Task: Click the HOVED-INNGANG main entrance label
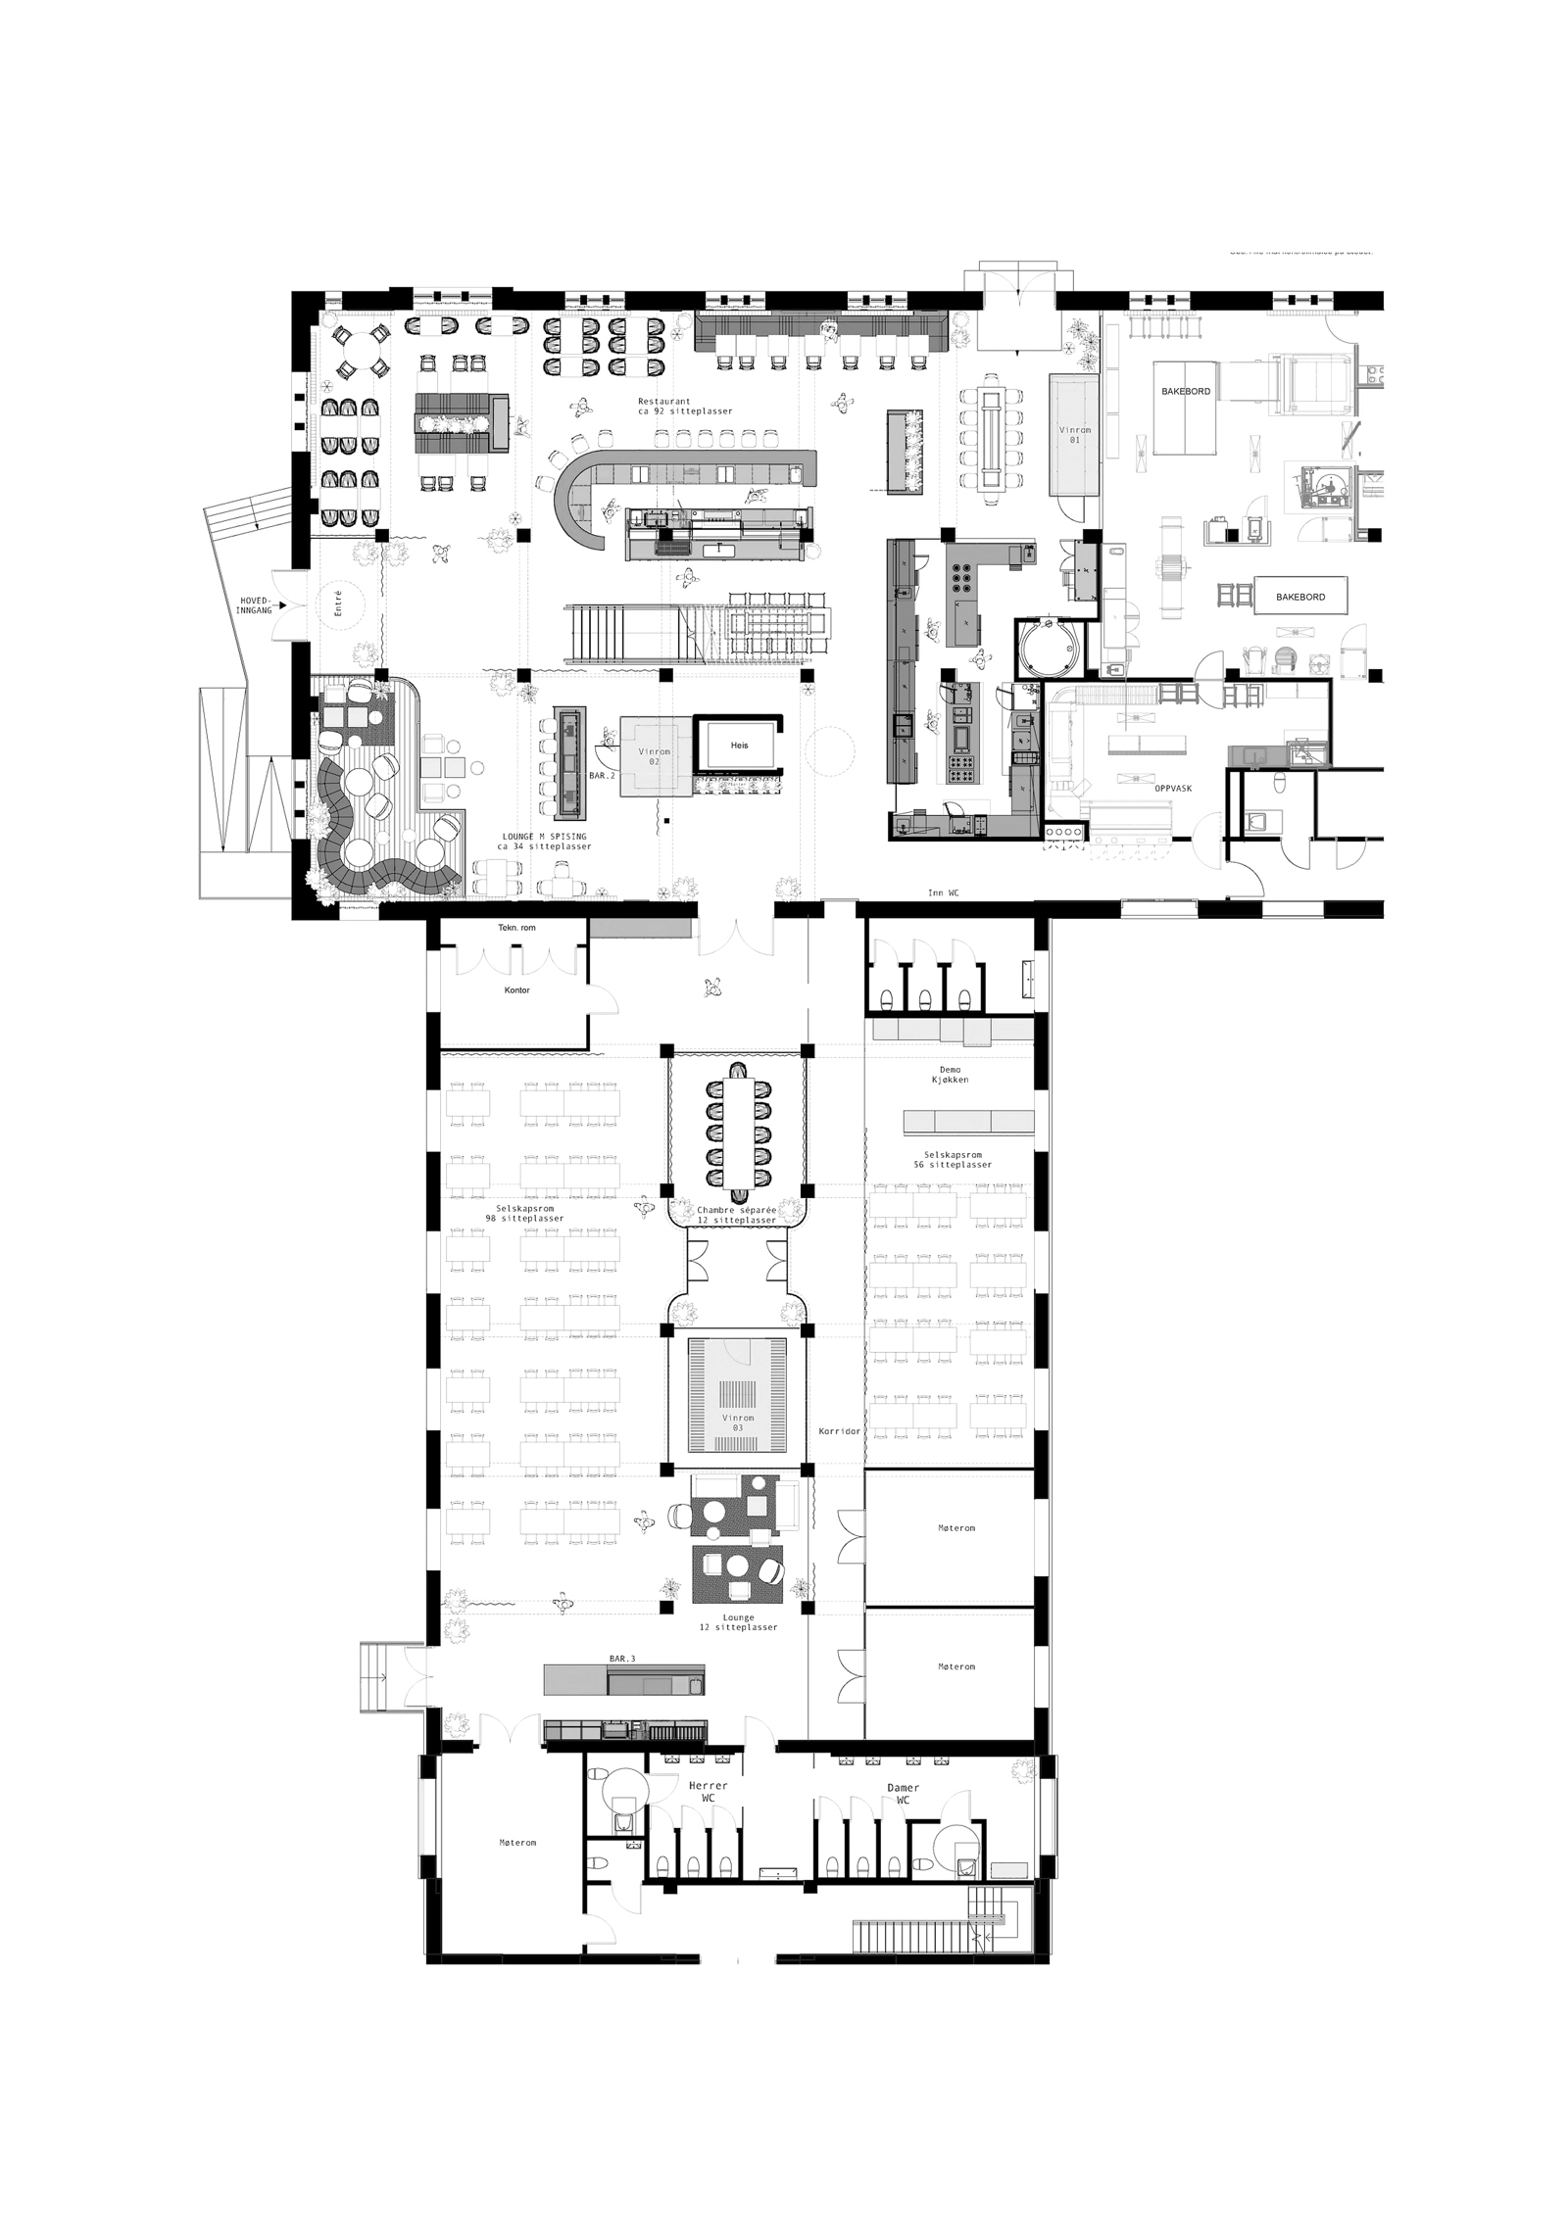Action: (x=253, y=604)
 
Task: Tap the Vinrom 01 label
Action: (x=1075, y=434)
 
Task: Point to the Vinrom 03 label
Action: (x=738, y=1422)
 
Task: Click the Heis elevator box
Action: (x=739, y=746)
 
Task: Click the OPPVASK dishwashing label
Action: (x=1172, y=787)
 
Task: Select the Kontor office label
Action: (x=516, y=989)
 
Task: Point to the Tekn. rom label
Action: (x=516, y=927)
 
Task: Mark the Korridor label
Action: (x=839, y=1431)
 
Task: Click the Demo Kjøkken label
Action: (x=949, y=1074)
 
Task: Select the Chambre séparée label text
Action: (x=737, y=1210)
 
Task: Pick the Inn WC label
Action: (x=943, y=892)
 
